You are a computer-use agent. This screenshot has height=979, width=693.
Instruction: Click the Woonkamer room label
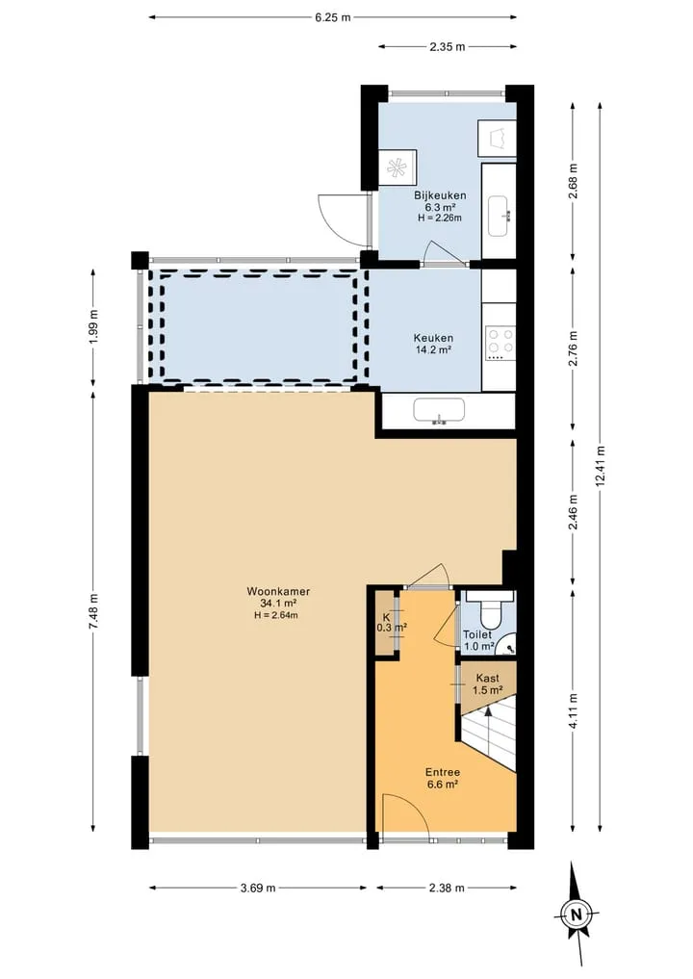278,591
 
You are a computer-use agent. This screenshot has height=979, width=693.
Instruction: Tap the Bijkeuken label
440,195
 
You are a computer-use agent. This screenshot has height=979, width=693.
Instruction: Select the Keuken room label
433,339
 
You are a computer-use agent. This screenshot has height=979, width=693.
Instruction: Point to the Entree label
444,773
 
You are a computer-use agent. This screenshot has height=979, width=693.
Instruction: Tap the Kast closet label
488,678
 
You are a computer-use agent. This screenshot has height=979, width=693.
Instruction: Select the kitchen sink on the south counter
440,411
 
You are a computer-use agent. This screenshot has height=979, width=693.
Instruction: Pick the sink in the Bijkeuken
500,216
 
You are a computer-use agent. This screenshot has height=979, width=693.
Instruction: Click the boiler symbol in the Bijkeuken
396,167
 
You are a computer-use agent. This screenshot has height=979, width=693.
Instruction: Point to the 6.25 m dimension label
333,17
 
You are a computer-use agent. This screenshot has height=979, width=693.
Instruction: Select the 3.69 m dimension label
258,888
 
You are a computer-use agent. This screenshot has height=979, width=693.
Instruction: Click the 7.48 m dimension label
93,612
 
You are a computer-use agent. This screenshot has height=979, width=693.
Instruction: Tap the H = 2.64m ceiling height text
278,615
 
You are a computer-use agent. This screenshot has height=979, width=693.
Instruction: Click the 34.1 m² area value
278,604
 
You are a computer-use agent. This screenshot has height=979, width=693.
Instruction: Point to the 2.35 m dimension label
447,47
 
